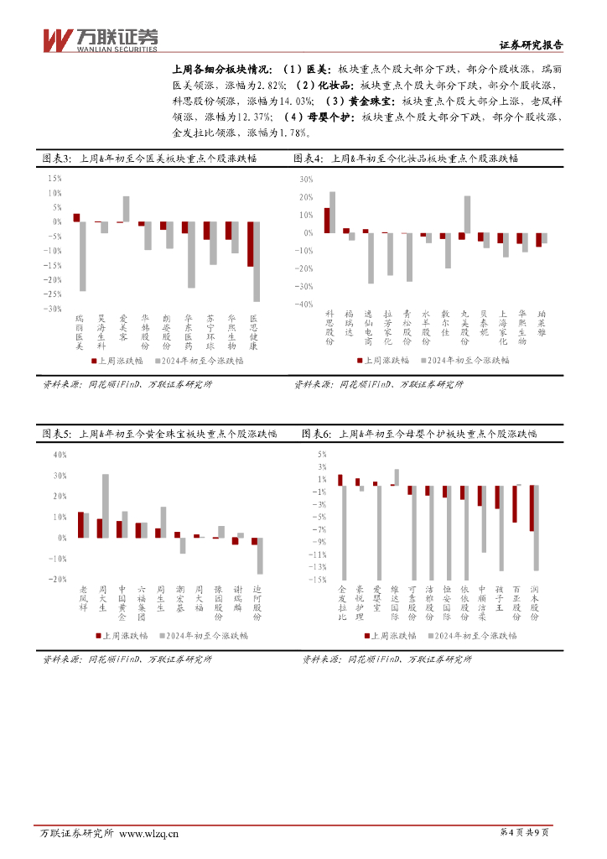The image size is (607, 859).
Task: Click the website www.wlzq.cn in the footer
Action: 149,833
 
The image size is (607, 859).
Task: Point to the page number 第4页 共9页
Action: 524,833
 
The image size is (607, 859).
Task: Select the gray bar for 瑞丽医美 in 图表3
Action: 83,256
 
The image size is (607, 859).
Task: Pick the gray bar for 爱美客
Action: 127,209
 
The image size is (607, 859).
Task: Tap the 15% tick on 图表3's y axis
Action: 54,179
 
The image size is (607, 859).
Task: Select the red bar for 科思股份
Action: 327,220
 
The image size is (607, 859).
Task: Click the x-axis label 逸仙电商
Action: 367,330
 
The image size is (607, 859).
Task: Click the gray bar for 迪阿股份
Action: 260,555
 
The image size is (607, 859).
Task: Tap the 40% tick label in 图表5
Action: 59,456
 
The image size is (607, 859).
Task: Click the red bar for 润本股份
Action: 532,508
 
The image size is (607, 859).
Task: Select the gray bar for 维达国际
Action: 397,476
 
